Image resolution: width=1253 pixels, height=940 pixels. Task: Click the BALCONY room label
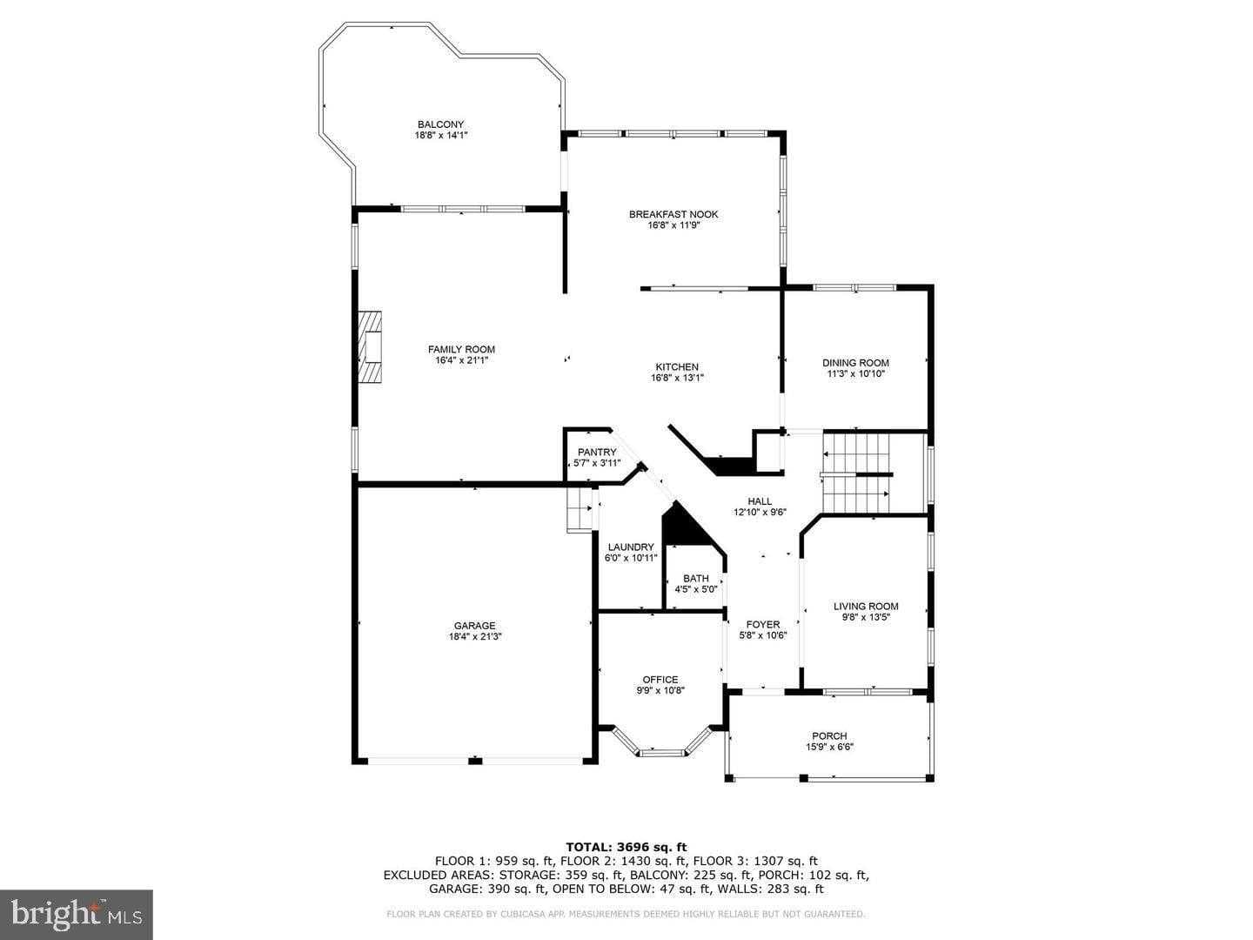coord(440,124)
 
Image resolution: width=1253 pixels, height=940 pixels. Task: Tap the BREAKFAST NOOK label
coord(673,214)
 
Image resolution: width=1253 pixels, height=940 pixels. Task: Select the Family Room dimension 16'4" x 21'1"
coord(461,361)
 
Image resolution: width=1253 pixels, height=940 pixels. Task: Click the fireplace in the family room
coord(372,347)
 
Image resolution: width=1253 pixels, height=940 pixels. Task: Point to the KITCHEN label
coord(676,366)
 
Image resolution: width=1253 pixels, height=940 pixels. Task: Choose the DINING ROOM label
coord(855,363)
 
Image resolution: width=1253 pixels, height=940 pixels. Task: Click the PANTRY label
coord(597,452)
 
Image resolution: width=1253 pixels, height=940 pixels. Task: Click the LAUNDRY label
coord(631,547)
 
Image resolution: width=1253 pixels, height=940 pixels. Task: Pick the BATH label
coord(695,578)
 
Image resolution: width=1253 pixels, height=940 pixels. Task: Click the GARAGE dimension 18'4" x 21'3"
coord(474,636)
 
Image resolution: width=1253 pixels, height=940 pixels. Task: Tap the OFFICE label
coord(660,680)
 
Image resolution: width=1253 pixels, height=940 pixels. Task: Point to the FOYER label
coord(762,624)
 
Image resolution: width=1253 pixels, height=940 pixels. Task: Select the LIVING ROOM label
coord(865,607)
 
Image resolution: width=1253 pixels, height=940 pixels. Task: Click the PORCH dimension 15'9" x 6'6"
coord(828,747)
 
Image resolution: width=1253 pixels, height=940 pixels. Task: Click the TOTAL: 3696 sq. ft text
coord(626,846)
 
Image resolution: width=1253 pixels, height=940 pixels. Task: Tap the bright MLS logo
coord(77,914)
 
